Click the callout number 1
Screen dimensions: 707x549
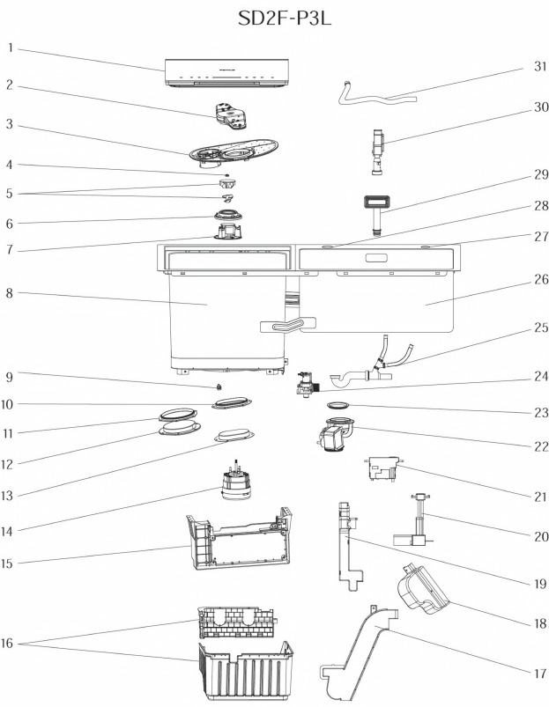(10, 48)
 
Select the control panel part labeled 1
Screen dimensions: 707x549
(228, 75)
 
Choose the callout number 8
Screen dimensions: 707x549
(10, 293)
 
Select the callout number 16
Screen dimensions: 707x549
(10, 644)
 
